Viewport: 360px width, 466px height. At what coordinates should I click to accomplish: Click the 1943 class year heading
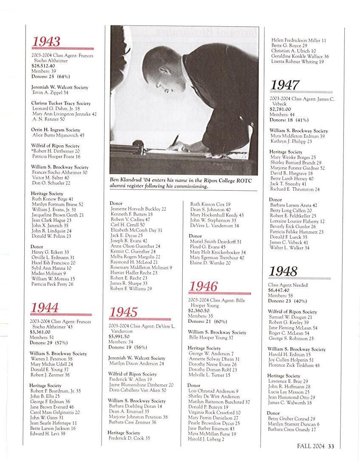pyautogui.click(x=46, y=42)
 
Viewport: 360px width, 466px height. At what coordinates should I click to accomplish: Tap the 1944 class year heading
pyautogui.click(x=45, y=308)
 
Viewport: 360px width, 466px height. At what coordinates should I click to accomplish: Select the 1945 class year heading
pyautogui.click(x=124, y=312)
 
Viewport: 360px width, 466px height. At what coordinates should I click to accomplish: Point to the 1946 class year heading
pyautogui.click(x=204, y=286)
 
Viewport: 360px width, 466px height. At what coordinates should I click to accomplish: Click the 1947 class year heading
pyautogui.click(x=285, y=85)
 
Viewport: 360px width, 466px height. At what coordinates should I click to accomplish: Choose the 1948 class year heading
pyautogui.click(x=283, y=271)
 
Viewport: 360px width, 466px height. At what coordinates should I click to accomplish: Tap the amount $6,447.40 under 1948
pyautogui.click(x=278, y=290)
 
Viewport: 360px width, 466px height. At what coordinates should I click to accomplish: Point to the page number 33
pyautogui.click(x=331, y=446)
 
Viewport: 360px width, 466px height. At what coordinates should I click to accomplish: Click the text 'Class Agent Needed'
pyautogui.click(x=288, y=285)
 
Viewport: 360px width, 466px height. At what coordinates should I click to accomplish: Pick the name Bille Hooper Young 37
pyautogui.click(x=211, y=338)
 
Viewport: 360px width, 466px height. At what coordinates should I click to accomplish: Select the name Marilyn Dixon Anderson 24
pyautogui.click(x=136, y=364)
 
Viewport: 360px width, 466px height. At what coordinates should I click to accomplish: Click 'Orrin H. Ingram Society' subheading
pyautogui.click(x=56, y=130)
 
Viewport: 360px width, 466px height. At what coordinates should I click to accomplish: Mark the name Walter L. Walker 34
pyautogui.click(x=290, y=248)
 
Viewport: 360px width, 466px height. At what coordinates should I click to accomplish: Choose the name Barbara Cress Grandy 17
pyautogui.click(x=292, y=429)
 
